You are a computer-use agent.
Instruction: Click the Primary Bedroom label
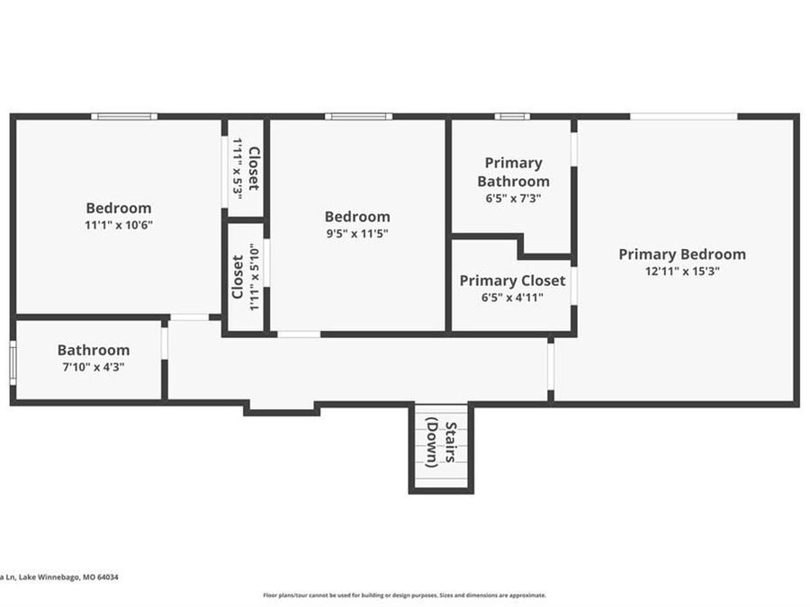(681, 254)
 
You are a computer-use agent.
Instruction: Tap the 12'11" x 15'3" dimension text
(681, 271)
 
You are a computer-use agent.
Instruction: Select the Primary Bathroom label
(513, 172)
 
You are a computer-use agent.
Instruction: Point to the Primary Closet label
(512, 281)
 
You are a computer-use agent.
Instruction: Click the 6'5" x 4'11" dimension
(512, 298)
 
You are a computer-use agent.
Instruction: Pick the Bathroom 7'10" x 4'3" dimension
(93, 367)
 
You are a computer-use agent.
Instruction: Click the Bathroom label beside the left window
(93, 350)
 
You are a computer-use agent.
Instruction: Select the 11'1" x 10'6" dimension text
(118, 226)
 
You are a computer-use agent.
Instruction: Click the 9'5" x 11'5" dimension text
(357, 234)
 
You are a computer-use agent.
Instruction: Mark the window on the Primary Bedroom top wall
(683, 116)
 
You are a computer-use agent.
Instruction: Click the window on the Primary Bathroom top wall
(511, 116)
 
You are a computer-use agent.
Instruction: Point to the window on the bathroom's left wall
(13, 362)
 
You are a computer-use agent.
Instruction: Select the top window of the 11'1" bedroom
(123, 116)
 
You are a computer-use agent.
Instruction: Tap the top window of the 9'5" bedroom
(357, 116)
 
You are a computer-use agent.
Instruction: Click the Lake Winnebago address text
(59, 577)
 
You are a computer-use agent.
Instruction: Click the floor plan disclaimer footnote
(404, 594)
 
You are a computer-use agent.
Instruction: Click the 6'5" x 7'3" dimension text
(513, 198)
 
